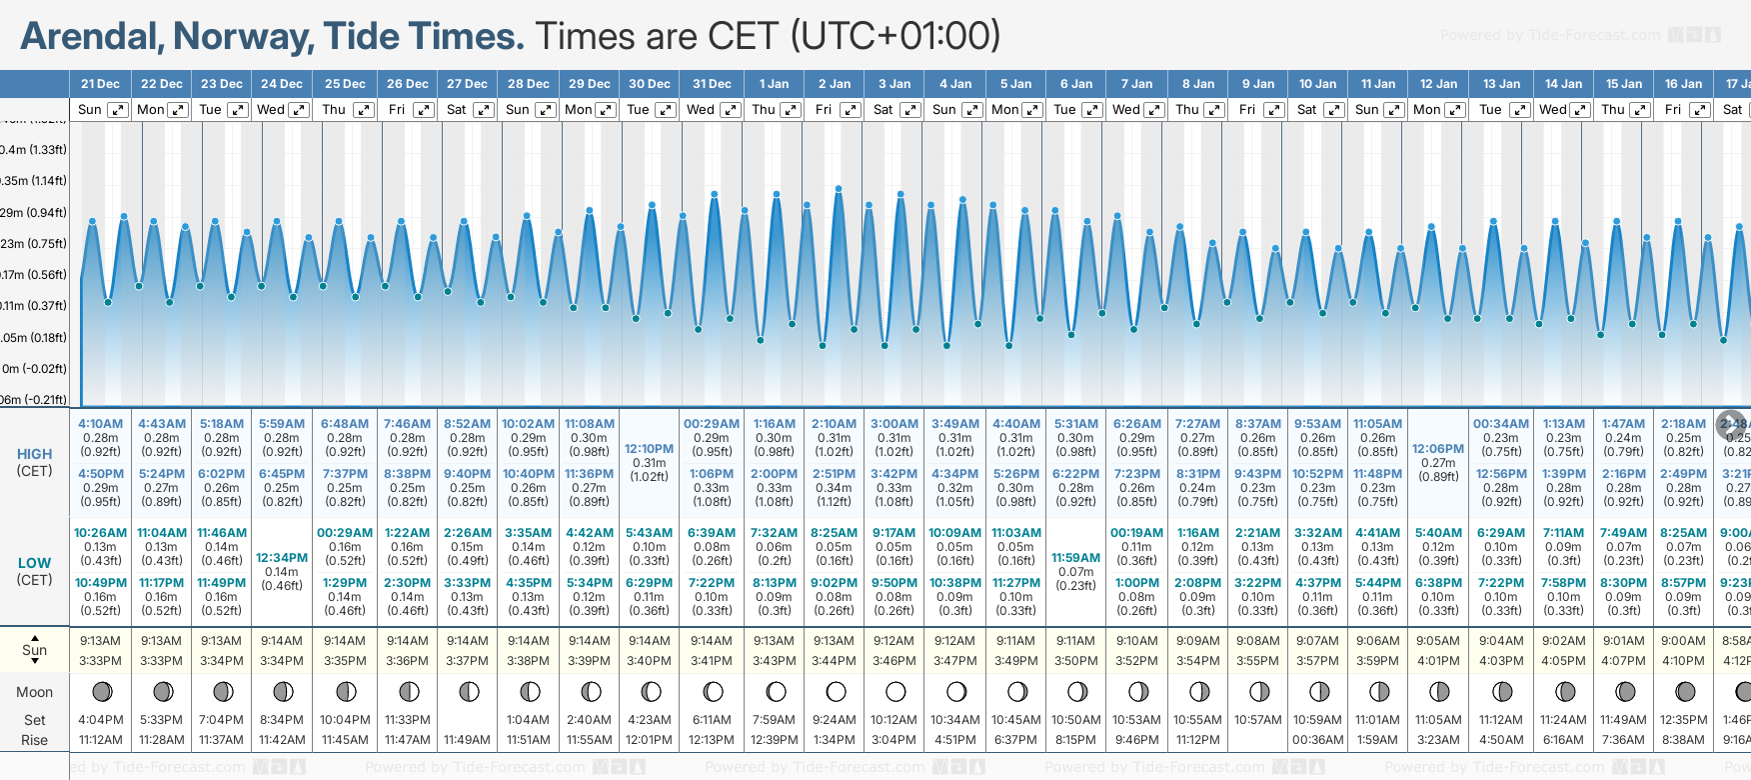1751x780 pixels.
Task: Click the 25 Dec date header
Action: tap(345, 84)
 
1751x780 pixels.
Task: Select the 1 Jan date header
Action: tap(774, 84)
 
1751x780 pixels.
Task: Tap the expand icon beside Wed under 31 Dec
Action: tap(731, 110)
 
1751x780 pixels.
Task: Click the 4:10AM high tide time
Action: tap(101, 424)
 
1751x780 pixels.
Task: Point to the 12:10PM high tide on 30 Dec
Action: tap(649, 449)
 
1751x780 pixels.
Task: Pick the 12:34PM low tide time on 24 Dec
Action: tap(282, 558)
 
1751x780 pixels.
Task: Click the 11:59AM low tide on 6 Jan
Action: tap(1075, 558)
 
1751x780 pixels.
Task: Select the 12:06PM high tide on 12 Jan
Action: tap(1438, 449)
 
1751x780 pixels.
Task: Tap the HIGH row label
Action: tap(35, 454)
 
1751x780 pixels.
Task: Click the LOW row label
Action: tap(35, 563)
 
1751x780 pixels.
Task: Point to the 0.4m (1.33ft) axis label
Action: tap(34, 150)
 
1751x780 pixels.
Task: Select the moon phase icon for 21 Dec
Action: tap(101, 691)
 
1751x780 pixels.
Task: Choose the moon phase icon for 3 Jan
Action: tap(894, 691)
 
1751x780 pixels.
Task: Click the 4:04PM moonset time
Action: tap(101, 720)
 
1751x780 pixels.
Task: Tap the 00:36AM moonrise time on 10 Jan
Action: tap(1317, 740)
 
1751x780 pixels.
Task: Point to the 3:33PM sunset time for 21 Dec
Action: tap(101, 661)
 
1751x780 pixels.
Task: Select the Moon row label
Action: tap(35, 692)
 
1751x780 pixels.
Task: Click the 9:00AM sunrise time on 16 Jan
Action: tap(1683, 641)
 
